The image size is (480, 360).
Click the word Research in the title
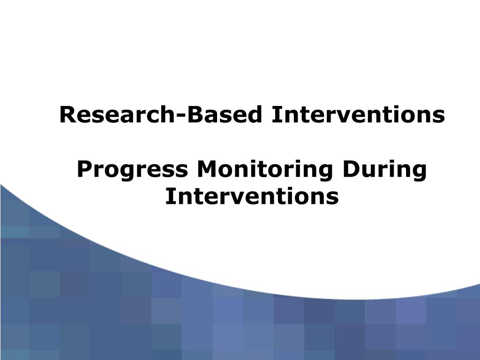click(117, 115)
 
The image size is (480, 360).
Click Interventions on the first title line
click(358, 115)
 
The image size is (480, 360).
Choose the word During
click(385, 170)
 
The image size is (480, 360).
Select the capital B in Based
click(194, 115)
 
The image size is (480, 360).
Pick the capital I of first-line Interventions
click(274, 115)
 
